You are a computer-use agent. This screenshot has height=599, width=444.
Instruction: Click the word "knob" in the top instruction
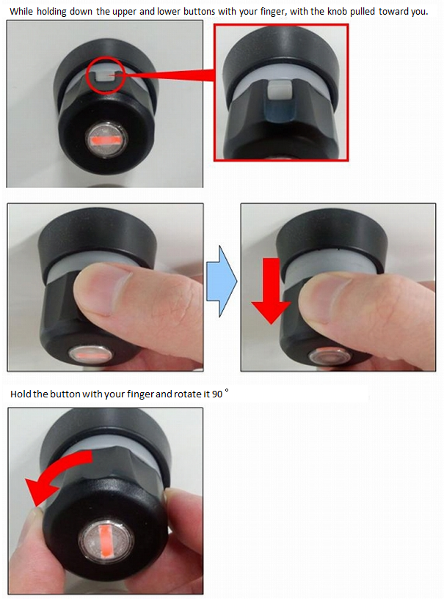(337, 11)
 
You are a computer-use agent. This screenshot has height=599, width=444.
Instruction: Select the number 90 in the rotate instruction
(217, 394)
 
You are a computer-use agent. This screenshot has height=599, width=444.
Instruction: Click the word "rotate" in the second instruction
(187, 394)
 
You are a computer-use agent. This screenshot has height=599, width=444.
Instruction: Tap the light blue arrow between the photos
(222, 281)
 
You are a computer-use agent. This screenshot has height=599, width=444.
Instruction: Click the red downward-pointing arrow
(271, 290)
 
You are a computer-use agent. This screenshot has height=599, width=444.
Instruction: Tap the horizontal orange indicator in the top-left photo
(105, 140)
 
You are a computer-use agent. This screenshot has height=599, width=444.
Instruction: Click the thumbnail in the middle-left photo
(101, 288)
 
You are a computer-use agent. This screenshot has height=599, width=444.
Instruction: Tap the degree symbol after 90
(227, 391)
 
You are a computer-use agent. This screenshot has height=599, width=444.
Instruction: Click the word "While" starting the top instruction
(21, 11)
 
